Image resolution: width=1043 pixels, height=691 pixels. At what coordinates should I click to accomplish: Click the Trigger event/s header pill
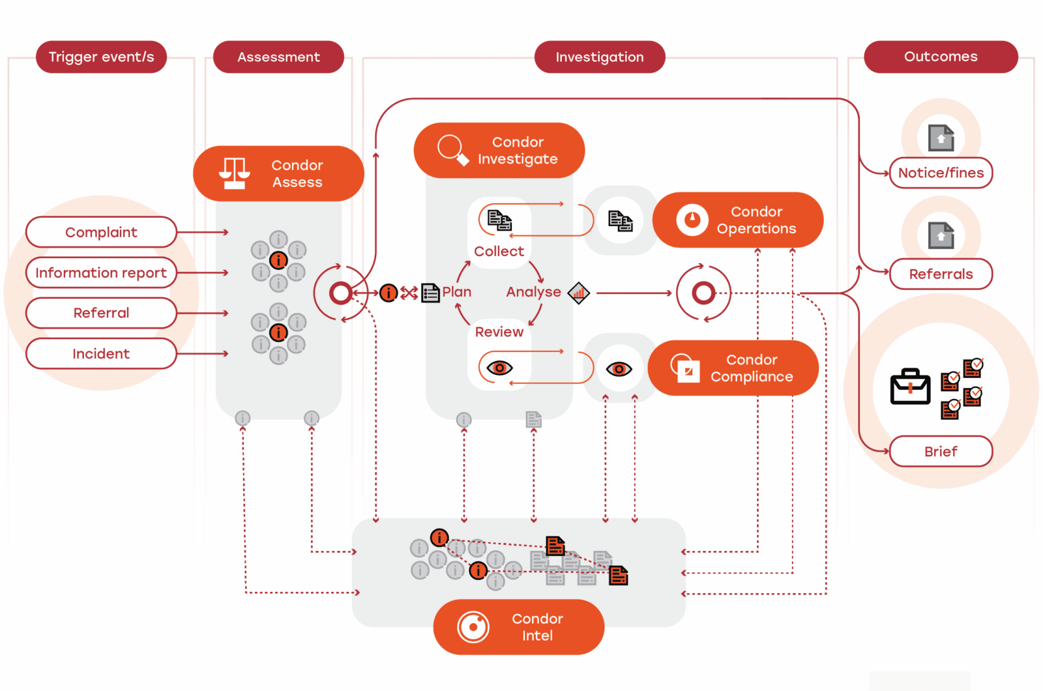[101, 57]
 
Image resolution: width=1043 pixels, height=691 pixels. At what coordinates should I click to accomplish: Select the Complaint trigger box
[101, 232]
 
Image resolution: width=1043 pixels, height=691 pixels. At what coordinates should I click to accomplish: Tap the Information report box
[101, 272]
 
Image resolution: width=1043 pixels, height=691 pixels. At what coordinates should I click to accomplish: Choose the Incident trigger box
[101, 353]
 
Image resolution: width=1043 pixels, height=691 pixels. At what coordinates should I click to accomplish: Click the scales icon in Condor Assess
[235, 173]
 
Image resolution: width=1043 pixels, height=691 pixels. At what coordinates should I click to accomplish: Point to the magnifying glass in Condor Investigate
[452, 149]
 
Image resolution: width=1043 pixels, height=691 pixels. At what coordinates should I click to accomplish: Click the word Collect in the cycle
[499, 251]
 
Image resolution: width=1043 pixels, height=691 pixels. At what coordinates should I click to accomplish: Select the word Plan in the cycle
[456, 292]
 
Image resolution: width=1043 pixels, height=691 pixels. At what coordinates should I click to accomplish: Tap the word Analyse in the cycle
[533, 292]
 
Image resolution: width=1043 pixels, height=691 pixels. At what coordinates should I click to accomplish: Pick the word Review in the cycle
[499, 332]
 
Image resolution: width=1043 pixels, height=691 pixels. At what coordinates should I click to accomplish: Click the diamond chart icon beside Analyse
[579, 293]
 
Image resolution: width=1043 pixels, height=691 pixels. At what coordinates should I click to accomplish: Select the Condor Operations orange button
[738, 220]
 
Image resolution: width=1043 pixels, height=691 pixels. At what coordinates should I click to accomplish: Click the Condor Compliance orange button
[733, 368]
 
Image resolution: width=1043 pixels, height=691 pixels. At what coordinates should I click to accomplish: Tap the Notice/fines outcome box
[941, 173]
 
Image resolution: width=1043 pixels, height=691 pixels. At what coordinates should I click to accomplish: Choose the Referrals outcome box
[941, 274]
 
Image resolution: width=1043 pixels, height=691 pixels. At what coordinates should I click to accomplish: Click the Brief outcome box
[941, 451]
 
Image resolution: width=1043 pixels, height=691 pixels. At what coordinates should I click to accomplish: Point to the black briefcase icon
[910, 387]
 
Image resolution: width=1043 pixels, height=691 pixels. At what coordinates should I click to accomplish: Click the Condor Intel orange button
[519, 626]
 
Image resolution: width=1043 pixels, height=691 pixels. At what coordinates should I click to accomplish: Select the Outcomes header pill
[941, 57]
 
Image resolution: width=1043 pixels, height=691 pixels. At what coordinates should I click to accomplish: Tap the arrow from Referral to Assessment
[202, 313]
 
